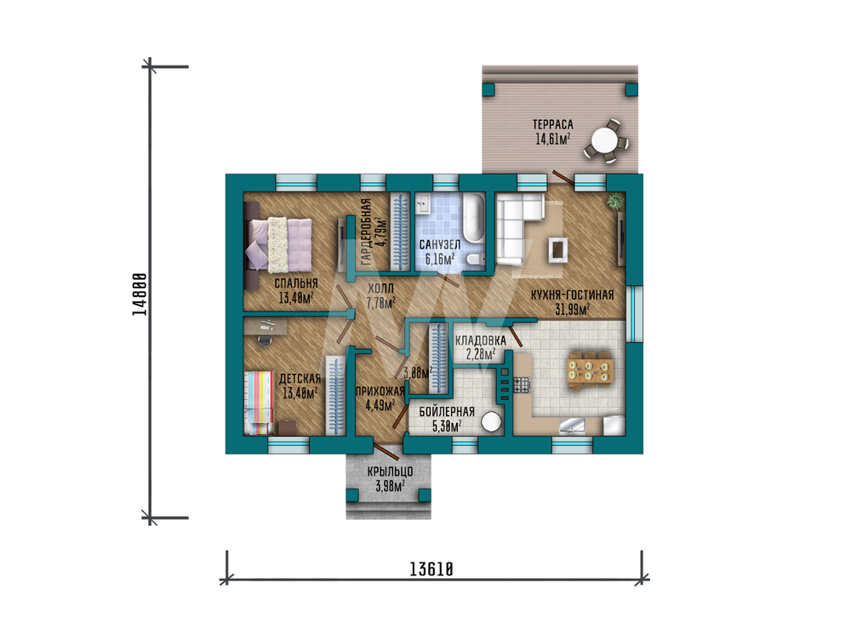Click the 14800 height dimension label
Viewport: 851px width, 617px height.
[x=140, y=294]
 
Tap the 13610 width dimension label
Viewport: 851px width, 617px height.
[x=431, y=569]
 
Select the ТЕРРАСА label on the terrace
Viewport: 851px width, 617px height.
[x=552, y=124]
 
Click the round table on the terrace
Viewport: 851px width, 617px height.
[x=604, y=141]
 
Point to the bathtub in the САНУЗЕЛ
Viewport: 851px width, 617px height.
[x=473, y=218]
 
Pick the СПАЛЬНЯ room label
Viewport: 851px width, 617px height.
[x=296, y=283]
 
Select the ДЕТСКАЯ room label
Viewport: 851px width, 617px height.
[x=300, y=378]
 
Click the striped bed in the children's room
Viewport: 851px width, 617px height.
[x=259, y=403]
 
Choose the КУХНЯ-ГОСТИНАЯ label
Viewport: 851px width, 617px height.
[x=572, y=294]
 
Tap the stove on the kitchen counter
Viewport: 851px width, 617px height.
[x=521, y=384]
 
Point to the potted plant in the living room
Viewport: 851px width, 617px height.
[x=615, y=201]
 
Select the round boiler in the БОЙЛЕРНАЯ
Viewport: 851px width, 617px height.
[x=492, y=422]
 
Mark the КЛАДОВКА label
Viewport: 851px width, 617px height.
[x=480, y=340]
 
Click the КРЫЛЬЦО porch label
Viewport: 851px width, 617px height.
[x=390, y=471]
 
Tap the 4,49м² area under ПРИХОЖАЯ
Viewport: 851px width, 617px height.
[x=380, y=405]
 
